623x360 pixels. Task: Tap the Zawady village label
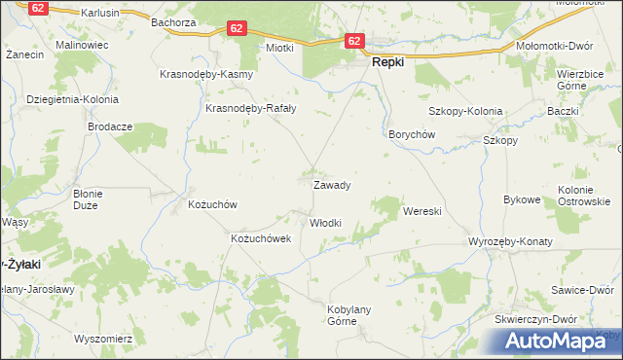[x=331, y=184]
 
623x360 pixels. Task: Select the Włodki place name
[x=325, y=223]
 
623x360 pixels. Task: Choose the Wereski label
[x=422, y=211]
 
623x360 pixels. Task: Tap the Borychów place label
[x=411, y=134]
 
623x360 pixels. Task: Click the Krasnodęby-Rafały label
[x=250, y=108]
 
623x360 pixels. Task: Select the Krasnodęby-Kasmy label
[x=206, y=75]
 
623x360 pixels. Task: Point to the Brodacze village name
[x=110, y=126]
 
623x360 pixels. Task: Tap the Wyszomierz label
[x=102, y=339]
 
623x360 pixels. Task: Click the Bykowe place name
[x=521, y=199]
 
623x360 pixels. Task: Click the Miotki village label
[x=279, y=47]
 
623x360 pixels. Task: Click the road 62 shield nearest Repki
[x=353, y=41]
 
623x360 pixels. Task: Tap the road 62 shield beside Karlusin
[x=37, y=8]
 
